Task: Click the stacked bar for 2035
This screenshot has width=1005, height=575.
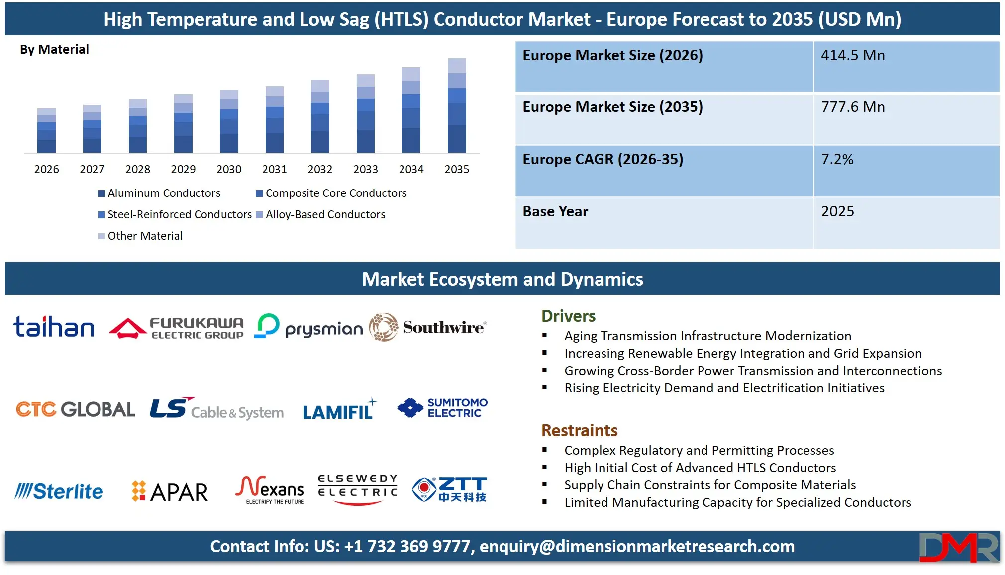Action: point(457,105)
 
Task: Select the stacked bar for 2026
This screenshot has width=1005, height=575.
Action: point(46,131)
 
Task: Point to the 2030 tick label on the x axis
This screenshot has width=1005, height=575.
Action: point(229,170)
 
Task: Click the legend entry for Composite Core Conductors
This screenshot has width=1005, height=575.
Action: point(331,193)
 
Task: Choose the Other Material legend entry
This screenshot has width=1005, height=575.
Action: point(140,236)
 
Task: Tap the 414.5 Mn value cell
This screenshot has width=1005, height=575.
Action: point(905,66)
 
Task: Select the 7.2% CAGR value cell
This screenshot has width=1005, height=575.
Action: point(905,171)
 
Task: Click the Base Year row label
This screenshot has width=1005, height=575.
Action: point(555,212)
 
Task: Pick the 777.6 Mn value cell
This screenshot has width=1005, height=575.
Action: point(905,118)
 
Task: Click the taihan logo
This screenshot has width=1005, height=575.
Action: point(54,327)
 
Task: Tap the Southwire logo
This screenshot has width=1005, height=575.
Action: point(428,327)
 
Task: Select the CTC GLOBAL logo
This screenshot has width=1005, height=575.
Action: point(75,409)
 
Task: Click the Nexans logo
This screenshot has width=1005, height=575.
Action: point(271,490)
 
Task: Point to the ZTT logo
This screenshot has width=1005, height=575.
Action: point(450,489)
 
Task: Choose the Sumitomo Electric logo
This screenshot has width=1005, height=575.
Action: point(442,408)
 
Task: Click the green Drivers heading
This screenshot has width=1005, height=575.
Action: point(568,316)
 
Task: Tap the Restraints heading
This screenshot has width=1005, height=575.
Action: point(579,430)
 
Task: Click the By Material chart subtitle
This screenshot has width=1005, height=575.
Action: point(54,49)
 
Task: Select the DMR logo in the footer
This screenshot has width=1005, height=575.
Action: point(958,547)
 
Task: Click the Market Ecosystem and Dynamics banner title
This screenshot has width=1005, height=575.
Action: point(502,279)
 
